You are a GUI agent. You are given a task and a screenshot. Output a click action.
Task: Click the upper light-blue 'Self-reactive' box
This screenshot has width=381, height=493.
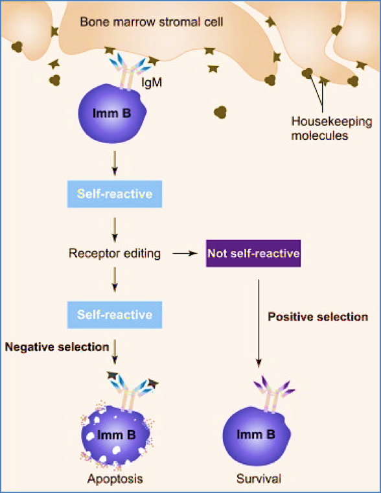(x=115, y=194)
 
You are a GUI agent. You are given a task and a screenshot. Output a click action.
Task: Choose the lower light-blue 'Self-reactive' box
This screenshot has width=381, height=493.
(x=115, y=315)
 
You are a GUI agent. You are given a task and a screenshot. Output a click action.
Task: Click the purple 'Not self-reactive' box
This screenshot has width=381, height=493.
(x=253, y=253)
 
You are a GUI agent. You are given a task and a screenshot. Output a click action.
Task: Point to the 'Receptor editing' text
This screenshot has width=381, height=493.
(x=115, y=253)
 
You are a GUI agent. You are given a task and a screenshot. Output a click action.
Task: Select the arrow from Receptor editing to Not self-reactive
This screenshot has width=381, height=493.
(x=185, y=254)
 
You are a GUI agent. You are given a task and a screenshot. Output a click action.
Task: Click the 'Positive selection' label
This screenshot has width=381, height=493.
(x=318, y=317)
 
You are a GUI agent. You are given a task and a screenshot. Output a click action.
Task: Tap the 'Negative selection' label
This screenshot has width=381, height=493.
(x=57, y=347)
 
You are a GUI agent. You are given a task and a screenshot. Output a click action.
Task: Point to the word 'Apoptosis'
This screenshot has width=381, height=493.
(x=115, y=479)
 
